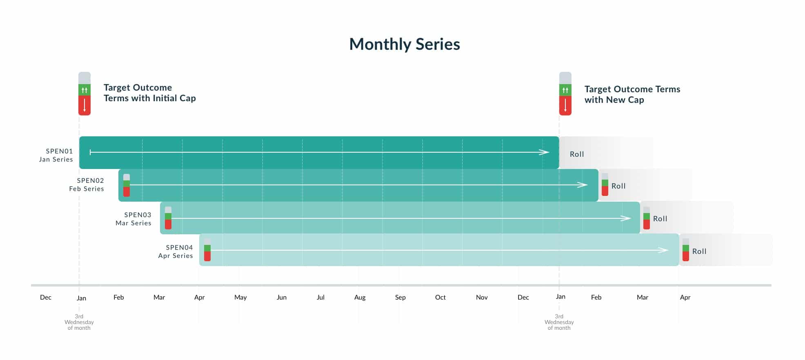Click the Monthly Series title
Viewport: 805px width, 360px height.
click(x=405, y=44)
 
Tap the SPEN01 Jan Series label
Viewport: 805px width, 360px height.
click(x=56, y=155)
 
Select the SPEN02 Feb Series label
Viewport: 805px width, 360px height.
click(x=87, y=184)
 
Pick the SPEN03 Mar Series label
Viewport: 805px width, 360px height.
click(x=133, y=219)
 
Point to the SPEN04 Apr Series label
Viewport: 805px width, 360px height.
click(x=176, y=251)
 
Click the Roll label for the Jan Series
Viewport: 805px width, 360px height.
click(x=577, y=154)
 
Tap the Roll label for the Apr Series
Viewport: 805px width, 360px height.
click(x=699, y=251)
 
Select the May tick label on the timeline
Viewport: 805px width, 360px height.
click(x=240, y=298)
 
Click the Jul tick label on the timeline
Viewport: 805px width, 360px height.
click(x=320, y=297)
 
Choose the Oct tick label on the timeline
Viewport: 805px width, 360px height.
click(x=440, y=297)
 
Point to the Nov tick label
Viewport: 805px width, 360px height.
click(x=482, y=297)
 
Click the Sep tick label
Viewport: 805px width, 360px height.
click(x=400, y=298)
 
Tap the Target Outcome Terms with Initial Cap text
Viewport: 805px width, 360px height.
click(x=150, y=93)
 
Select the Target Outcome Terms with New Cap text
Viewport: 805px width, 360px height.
click(x=632, y=94)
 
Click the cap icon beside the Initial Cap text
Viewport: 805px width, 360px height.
click(x=85, y=94)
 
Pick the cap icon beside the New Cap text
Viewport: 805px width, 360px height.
click(x=565, y=94)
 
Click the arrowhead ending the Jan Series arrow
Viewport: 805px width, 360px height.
click(x=544, y=152)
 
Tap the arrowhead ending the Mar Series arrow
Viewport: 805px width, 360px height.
click(x=626, y=218)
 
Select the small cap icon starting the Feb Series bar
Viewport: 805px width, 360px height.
click(x=127, y=185)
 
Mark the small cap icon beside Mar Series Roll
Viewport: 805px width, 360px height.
click(x=647, y=218)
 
